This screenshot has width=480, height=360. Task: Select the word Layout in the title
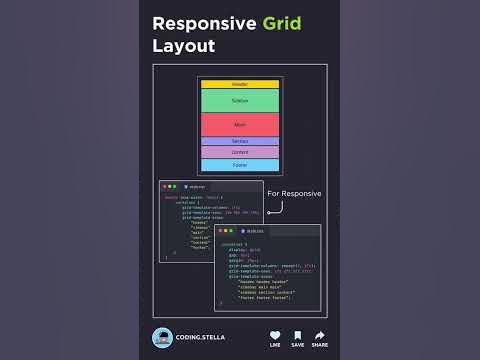coord(183,46)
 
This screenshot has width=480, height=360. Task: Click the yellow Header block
coord(240,84)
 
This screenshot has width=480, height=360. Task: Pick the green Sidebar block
coord(240,101)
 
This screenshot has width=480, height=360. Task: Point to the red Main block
coord(240,124)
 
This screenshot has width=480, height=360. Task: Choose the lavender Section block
coord(240,142)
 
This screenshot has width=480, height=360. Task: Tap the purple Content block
coord(240,152)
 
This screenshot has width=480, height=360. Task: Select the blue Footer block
coord(240,165)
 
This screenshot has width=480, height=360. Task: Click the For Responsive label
coord(294,193)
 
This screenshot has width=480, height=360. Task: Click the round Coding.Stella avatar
coord(161,338)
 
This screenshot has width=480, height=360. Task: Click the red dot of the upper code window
coord(164,186)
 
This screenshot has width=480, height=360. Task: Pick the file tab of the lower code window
coord(254,230)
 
